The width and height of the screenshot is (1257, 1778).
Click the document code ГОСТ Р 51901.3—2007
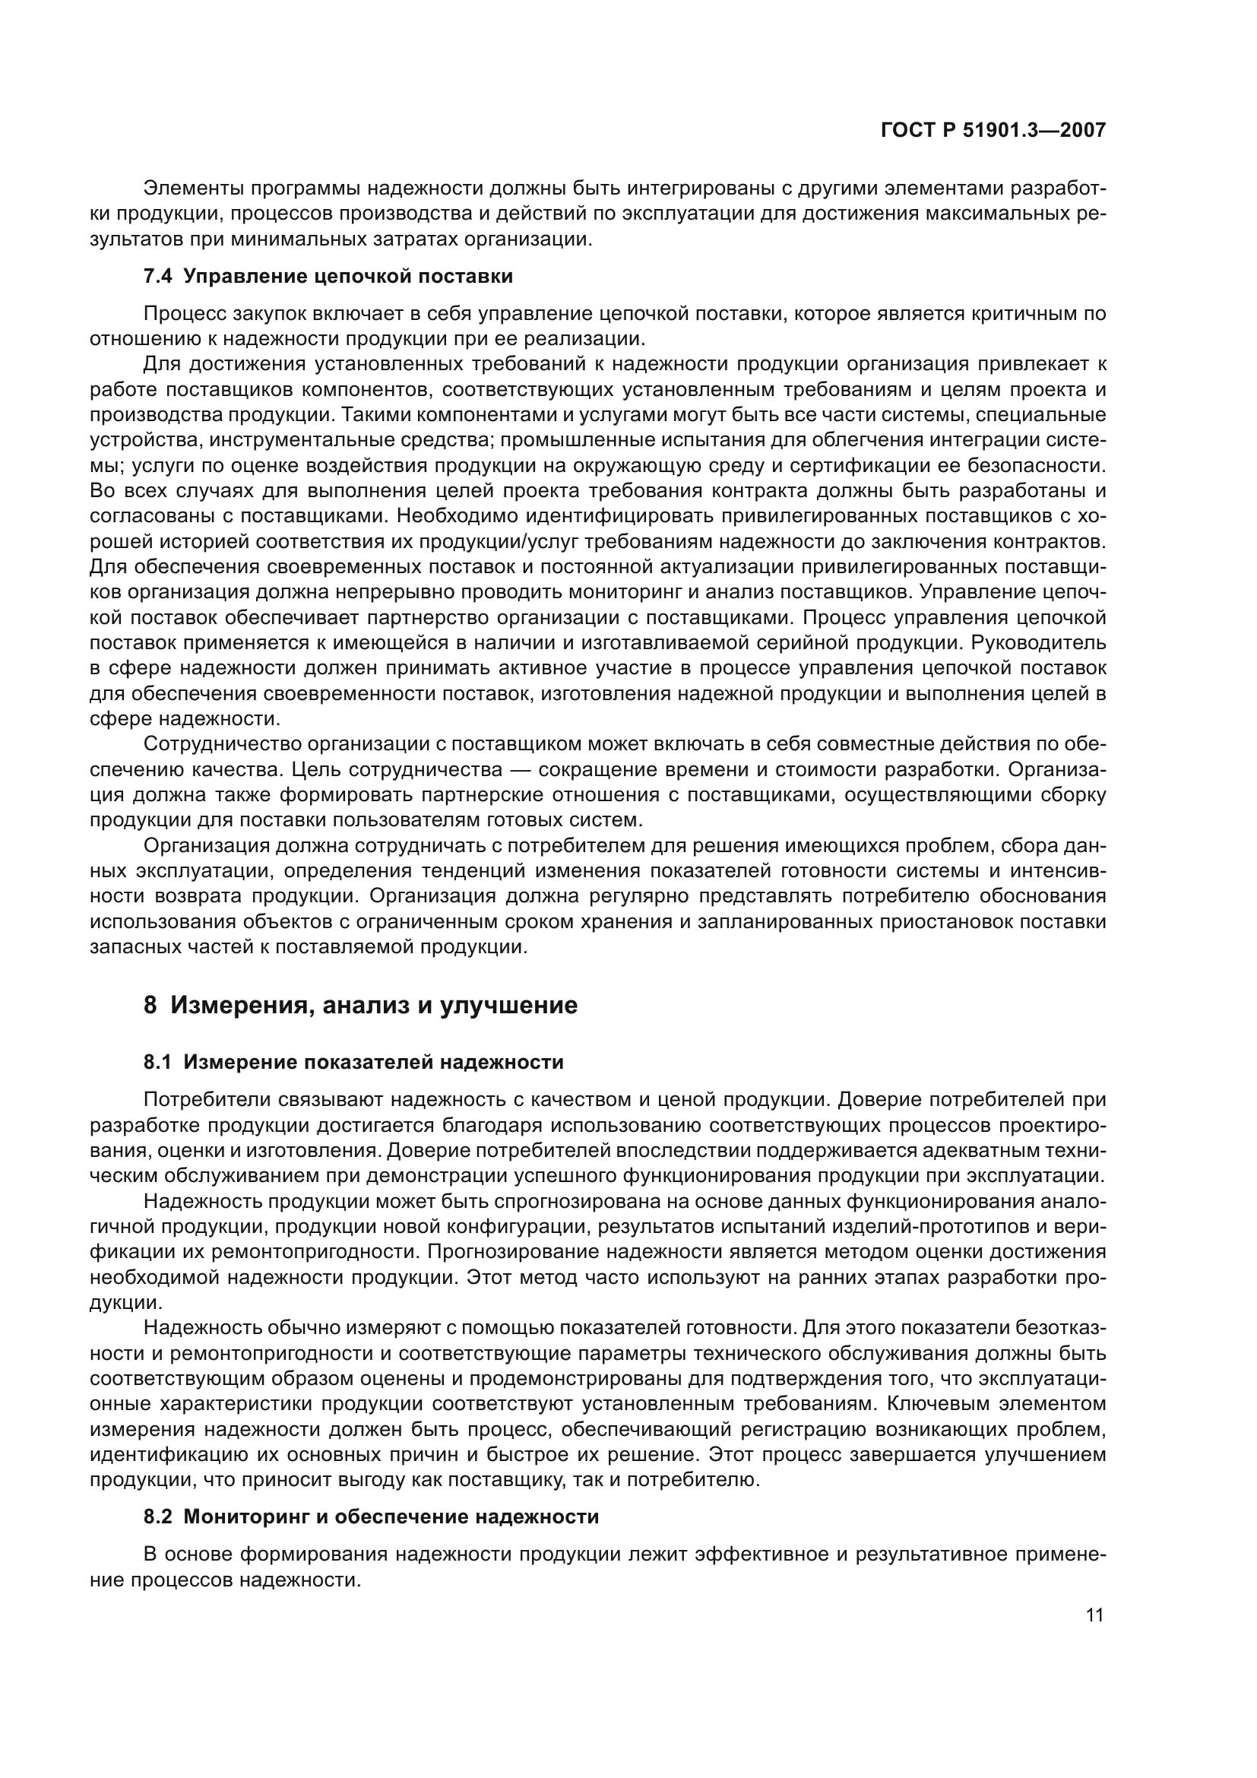click(993, 131)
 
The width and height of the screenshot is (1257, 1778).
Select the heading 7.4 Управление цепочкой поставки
click(328, 277)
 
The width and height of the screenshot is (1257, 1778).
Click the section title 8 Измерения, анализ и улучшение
click(361, 1006)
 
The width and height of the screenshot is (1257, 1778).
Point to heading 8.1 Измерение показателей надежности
click(353, 1063)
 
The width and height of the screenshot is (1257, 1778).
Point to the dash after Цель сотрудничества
click(520, 771)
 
